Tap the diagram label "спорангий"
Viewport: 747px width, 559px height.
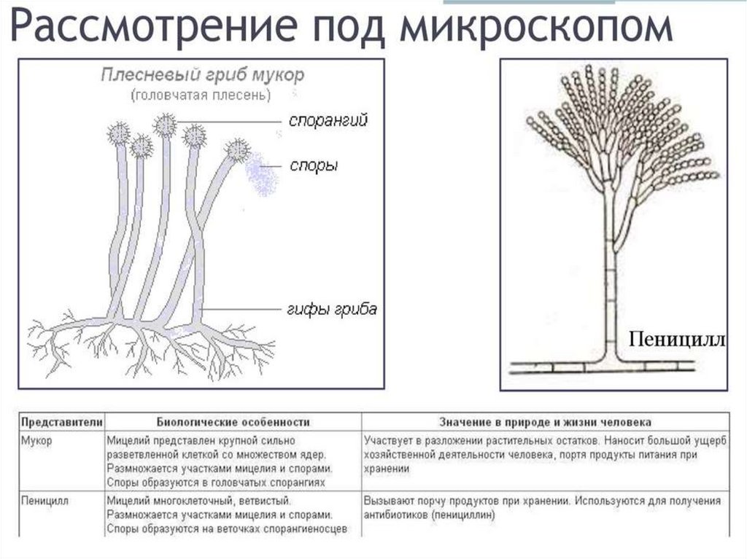[x=328, y=120]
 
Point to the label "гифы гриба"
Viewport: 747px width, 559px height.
[x=332, y=310]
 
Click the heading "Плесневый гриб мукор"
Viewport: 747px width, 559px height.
[x=201, y=75]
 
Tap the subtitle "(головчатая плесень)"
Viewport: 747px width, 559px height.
[x=201, y=95]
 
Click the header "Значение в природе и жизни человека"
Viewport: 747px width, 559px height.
[x=546, y=422]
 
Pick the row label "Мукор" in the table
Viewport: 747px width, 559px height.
[x=37, y=441]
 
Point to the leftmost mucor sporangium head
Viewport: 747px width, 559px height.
[x=119, y=134]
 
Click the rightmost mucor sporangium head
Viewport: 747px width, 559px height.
[x=236, y=150]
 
